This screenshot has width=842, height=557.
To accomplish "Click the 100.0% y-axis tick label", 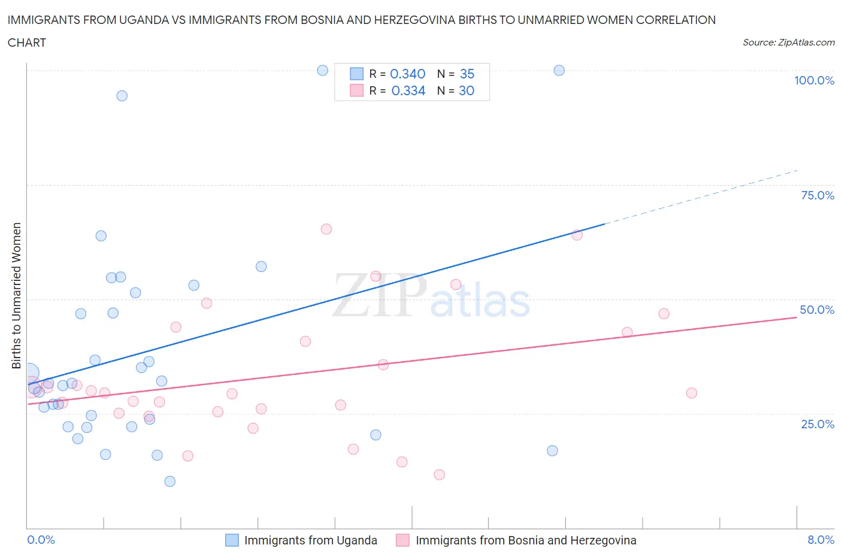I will (x=814, y=80).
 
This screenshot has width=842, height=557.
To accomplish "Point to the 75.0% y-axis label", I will (x=817, y=195).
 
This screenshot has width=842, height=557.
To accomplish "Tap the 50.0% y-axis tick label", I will (x=817, y=310).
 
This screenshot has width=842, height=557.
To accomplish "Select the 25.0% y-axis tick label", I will (x=817, y=424).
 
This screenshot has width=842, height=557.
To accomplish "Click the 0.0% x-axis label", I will (x=41, y=540).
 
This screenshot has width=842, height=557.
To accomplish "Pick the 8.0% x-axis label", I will (x=820, y=540).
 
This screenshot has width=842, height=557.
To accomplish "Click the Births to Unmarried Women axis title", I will (x=16, y=295).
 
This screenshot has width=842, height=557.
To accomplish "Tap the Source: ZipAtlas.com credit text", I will (x=788, y=43).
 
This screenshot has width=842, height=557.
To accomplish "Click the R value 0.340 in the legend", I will (x=407, y=74).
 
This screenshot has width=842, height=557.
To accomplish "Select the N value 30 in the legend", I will (x=467, y=90).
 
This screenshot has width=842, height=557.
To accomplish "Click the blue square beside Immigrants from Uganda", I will (x=232, y=540).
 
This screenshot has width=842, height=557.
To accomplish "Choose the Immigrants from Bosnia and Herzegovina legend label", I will (x=526, y=540).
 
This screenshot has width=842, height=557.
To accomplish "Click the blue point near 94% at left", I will (x=122, y=96).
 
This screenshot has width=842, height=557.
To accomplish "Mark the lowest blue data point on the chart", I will (x=169, y=482).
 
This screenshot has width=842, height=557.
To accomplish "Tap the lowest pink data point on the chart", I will (x=439, y=475).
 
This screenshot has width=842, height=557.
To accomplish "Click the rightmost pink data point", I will (x=691, y=393).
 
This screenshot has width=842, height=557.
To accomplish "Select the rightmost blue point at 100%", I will (x=559, y=70).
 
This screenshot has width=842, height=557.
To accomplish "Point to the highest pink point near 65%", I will (x=326, y=229).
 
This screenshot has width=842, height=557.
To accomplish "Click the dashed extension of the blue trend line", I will (x=701, y=196).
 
